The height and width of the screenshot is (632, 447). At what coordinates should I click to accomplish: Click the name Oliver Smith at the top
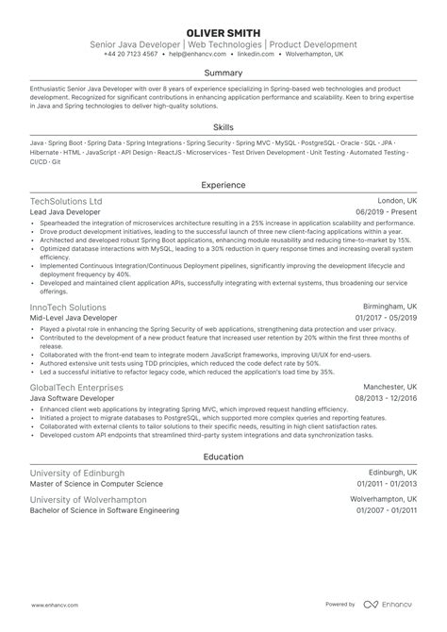pyautogui.click(x=223, y=31)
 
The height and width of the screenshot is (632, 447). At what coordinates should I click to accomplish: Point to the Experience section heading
pyautogui.click(x=223, y=186)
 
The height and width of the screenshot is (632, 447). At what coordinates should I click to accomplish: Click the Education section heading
pyautogui.click(x=223, y=457)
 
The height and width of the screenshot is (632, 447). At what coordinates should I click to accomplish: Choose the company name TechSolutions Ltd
pyautogui.click(x=65, y=202)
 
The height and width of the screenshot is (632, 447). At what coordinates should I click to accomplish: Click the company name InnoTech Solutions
pyautogui.click(x=67, y=308)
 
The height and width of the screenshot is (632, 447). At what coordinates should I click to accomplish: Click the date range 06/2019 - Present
pyautogui.click(x=386, y=212)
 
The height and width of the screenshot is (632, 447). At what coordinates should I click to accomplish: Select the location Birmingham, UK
pyautogui.click(x=386, y=308)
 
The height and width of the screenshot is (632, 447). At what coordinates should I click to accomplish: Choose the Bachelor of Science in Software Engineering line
pyautogui.click(x=104, y=510)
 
